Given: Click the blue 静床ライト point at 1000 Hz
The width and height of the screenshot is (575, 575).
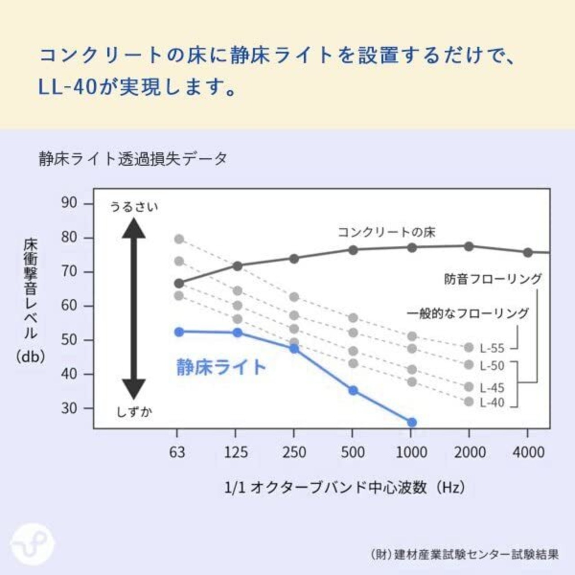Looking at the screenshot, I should pos(411,422).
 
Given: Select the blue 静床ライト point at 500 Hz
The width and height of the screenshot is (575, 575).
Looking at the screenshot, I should pos(353,390).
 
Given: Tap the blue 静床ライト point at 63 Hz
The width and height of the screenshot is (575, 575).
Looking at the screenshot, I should pos(179,332).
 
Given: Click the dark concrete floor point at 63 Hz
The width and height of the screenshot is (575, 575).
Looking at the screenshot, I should pos(179,283).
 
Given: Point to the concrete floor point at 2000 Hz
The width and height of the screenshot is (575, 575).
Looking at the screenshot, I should pos(469,246).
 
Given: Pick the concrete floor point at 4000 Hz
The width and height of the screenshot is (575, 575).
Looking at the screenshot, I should pos(528,252).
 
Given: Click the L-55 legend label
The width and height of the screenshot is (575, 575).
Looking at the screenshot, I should pos(492,348).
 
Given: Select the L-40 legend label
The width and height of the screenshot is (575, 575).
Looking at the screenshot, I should pos(492,402).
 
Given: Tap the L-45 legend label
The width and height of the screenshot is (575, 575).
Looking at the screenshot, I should pos(492,388).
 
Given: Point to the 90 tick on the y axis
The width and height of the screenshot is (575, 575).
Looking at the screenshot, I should pos(69,203).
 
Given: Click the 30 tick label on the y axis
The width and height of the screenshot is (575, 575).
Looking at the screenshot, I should pos(69,408).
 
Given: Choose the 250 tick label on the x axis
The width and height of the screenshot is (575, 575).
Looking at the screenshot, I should pos(294,452).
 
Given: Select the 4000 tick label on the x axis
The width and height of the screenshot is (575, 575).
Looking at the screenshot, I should pos(528,452).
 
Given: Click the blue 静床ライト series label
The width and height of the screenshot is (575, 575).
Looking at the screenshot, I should pos(221,367).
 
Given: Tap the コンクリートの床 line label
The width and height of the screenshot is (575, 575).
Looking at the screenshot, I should pos(386,232).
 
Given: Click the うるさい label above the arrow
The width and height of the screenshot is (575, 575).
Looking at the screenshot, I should pos(134,207).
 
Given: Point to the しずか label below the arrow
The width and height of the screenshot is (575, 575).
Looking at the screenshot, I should pos(134,411).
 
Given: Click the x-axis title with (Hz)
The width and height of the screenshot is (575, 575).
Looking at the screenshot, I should pos(345,487).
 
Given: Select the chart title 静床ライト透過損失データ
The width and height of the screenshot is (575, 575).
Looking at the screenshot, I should pos(133,159).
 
